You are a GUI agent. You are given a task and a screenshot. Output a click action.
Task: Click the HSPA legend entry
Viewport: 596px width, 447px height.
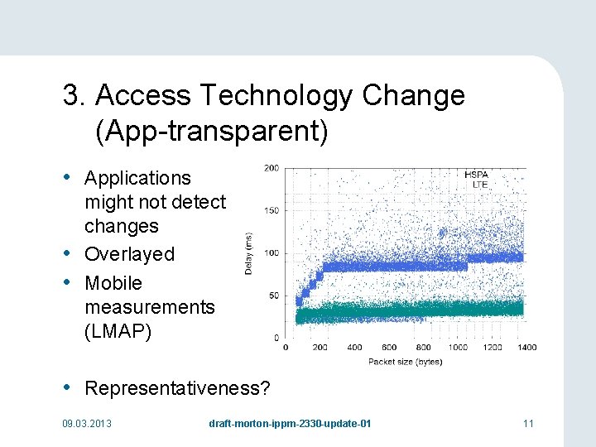click(476, 175)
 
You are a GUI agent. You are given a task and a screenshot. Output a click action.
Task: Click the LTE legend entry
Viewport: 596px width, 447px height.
click(480, 184)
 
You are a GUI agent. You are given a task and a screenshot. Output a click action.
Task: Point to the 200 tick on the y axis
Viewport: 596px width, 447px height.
click(271, 168)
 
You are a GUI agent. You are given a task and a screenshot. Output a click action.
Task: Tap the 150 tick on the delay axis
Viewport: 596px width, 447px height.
click(271, 210)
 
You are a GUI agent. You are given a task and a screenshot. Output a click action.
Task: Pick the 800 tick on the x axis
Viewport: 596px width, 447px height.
click(423, 348)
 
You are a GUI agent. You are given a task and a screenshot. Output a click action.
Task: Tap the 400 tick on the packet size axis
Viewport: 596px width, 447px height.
click(354, 348)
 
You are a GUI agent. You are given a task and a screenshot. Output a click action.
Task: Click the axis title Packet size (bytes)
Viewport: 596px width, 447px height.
click(406, 361)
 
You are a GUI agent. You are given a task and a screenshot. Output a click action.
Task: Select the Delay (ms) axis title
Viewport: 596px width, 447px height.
click(249, 252)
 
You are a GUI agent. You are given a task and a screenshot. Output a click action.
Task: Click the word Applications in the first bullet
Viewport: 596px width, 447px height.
click(137, 178)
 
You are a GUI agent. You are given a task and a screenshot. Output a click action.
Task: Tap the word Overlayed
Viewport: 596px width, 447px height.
click(129, 254)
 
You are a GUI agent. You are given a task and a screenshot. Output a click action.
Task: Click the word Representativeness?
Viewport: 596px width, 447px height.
click(178, 388)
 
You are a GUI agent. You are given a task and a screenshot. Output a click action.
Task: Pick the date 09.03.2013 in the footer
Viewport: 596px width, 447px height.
click(87, 424)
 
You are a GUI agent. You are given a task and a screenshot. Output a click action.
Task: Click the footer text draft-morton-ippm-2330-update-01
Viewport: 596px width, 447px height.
click(290, 424)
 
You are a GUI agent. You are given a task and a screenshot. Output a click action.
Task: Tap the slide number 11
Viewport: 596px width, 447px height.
click(528, 424)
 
